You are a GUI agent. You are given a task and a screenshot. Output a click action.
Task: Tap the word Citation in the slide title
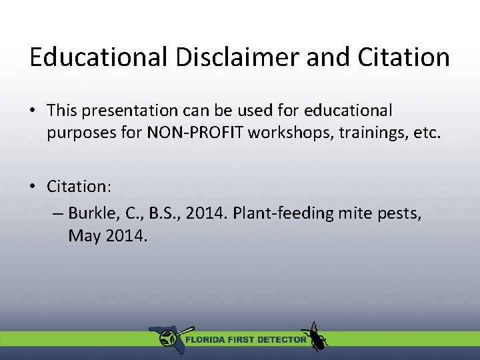pyautogui.click(x=403, y=57)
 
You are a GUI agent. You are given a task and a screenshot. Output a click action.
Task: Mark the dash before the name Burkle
pyautogui.click(x=57, y=214)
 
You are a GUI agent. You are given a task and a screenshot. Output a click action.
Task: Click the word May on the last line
pyautogui.click(x=84, y=236)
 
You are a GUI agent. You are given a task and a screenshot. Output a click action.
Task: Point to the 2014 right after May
pyautogui.click(x=124, y=236)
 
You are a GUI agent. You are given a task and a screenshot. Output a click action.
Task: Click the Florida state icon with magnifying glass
pyautogui.click(x=168, y=338)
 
